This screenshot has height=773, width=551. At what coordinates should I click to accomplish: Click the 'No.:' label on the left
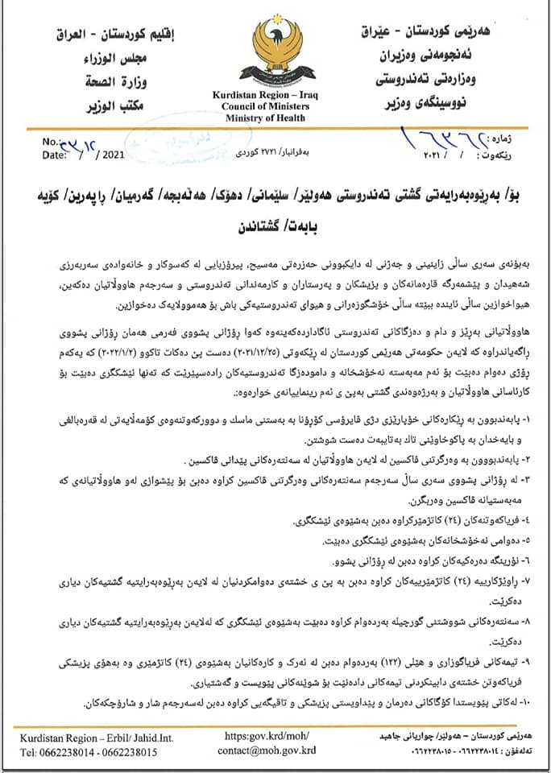tap(52, 142)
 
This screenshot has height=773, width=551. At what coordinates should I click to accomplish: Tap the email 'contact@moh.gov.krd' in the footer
tap(267, 750)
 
